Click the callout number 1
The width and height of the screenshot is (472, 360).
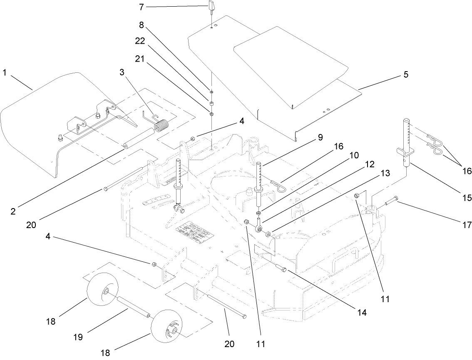tap(5, 73)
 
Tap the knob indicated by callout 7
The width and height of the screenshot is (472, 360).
tap(211, 7)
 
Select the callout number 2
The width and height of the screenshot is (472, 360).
tap(13, 211)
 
